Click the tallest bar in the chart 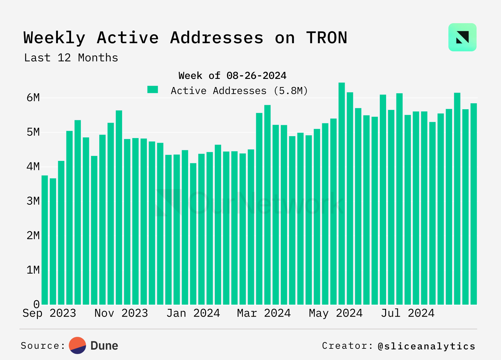pyautogui.click(x=342, y=194)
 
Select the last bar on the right pyautogui.click(x=473, y=203)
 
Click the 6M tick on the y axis pyautogui.click(x=33, y=98)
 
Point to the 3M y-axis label pyautogui.click(x=33, y=201)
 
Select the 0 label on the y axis pyautogui.click(x=36, y=304)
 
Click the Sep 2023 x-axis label pyautogui.click(x=49, y=313)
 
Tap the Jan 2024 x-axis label pyautogui.click(x=193, y=313)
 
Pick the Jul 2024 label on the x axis pyautogui.click(x=408, y=313)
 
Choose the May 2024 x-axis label pyautogui.click(x=336, y=313)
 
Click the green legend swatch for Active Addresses pyautogui.click(x=153, y=90)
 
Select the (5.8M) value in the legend pyautogui.click(x=291, y=91)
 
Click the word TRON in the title pyautogui.click(x=327, y=38)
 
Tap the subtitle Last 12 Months pyautogui.click(x=71, y=58)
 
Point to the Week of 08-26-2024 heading pyautogui.click(x=232, y=76)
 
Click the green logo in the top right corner pyautogui.click(x=462, y=37)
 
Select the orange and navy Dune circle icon pyautogui.click(x=77, y=346)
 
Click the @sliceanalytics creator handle pyautogui.click(x=426, y=346)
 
